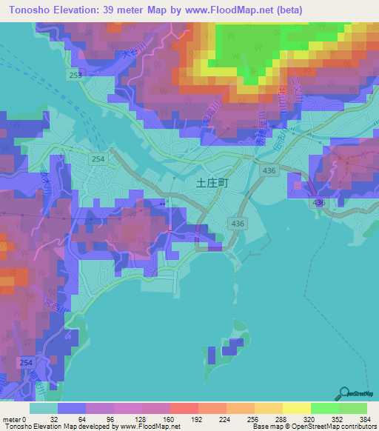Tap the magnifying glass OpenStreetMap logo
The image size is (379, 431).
pyautogui.click(x=344, y=394)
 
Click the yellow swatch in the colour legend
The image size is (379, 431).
pyautogui.click(x=297, y=408)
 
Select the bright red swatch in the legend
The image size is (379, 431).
pyautogui.click(x=184, y=408)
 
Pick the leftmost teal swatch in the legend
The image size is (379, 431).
pyautogui.click(x=44, y=408)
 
